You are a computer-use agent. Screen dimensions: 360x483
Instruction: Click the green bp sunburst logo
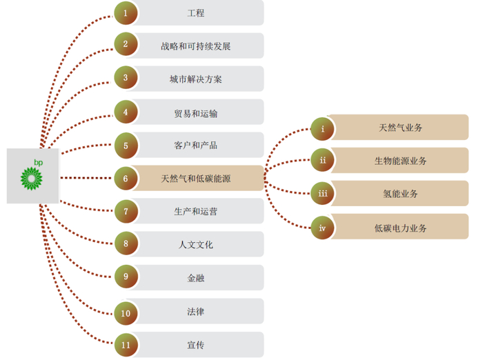tap(30, 178)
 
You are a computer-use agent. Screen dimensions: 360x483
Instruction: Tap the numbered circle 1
tap(126, 12)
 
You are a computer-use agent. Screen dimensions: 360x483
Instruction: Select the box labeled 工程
tap(196, 13)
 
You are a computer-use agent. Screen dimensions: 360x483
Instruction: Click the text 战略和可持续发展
tap(196, 46)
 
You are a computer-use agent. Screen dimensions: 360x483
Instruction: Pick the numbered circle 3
tap(126, 79)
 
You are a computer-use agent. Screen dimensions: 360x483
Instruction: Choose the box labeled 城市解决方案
tap(196, 79)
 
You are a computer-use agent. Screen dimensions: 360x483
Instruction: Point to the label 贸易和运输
tap(196, 112)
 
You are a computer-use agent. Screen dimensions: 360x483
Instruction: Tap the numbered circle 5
tap(126, 146)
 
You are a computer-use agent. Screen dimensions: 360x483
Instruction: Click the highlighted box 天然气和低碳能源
tap(196, 179)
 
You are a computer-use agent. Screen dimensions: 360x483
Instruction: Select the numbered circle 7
tap(126, 211)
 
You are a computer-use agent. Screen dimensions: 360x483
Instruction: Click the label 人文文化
tap(196, 244)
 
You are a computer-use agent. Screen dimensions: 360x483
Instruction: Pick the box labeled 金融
tap(196, 277)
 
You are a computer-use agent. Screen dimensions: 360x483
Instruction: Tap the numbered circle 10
tap(126, 312)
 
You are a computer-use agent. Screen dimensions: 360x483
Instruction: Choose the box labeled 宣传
tap(196, 345)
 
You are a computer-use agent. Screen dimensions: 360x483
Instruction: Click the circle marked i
tap(322, 128)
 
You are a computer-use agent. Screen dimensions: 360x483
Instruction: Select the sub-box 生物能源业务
tap(400, 161)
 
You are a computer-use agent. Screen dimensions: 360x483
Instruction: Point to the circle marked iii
tap(322, 194)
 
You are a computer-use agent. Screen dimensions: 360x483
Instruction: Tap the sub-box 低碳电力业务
tap(400, 227)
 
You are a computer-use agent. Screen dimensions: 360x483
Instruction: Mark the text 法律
tap(196, 312)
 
